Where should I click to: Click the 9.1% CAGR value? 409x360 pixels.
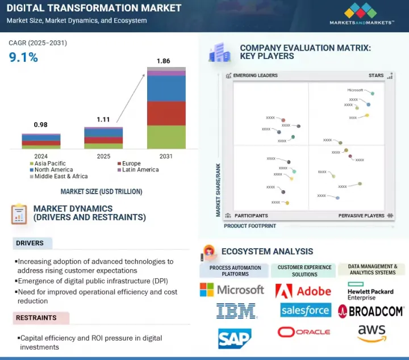click(x=23, y=57)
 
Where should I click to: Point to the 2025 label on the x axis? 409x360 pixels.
click(x=103, y=156)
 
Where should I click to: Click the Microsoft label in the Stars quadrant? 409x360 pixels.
click(x=355, y=90)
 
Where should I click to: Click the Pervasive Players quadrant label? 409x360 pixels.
click(x=361, y=216)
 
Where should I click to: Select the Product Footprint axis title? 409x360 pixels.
click(x=250, y=226)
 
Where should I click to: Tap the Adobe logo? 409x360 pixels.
click(x=303, y=291)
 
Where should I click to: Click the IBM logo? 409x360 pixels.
click(x=236, y=311)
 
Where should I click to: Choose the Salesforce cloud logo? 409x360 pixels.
click(x=305, y=310)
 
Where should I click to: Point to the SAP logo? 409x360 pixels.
click(x=235, y=338)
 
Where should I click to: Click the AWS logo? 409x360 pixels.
click(x=372, y=333)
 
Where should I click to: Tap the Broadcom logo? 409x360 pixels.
click(x=371, y=311)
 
